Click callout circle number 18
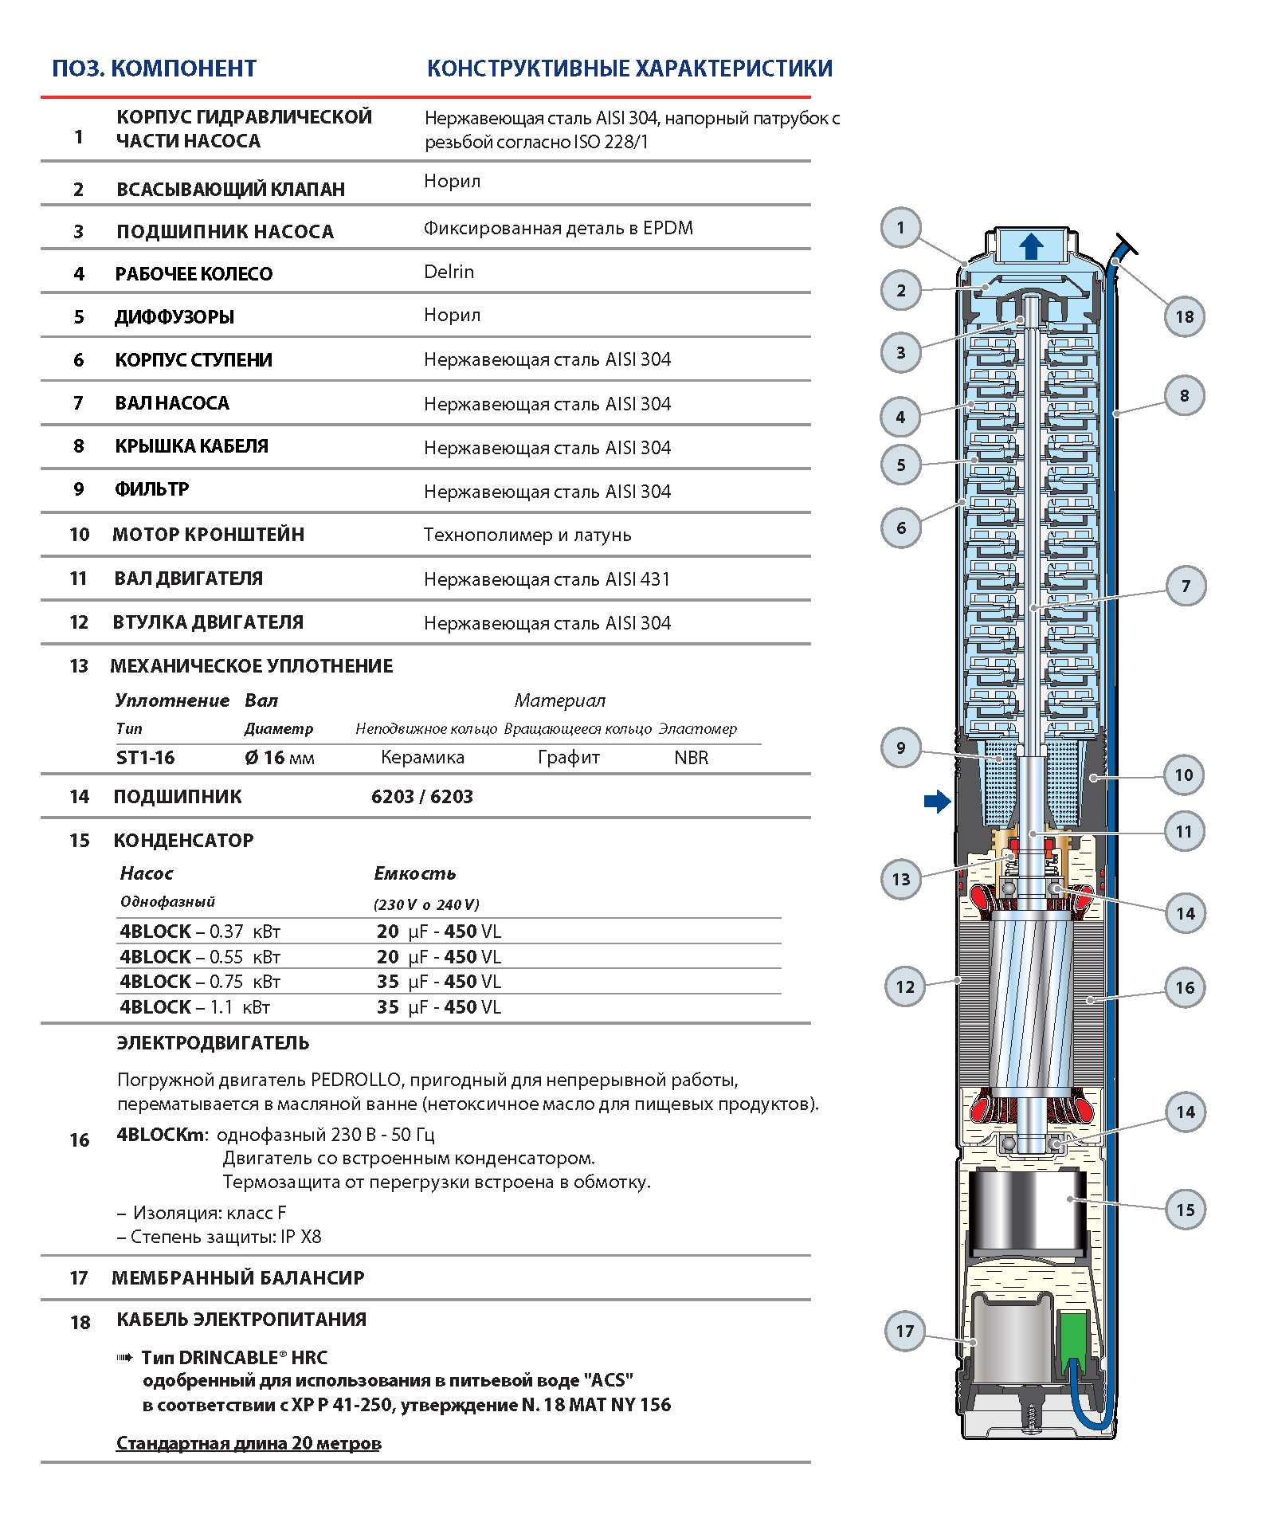1184,316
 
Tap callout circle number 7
1186,586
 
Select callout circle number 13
901,879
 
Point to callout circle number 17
905,1331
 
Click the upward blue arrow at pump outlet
1032,246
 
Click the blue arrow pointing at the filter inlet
937,801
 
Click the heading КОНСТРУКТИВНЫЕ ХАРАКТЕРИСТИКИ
629,69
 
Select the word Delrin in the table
449,272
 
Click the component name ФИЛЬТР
152,489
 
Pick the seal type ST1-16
145,757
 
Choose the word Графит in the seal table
568,757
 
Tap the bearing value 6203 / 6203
421,796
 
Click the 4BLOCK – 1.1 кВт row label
195,1006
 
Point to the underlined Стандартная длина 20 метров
249,1443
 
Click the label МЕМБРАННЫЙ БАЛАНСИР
237,1277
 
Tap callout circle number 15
1186,1210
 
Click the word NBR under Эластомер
691,758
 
